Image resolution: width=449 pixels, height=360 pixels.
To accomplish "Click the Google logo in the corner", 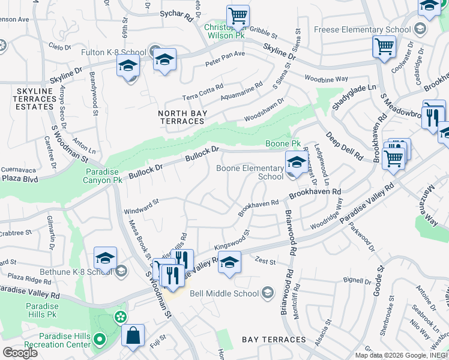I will pos(20,353).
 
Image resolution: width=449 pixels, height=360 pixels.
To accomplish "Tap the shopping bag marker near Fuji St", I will pos(133,335).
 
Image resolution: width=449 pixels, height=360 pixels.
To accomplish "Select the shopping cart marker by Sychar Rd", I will pos(238,16).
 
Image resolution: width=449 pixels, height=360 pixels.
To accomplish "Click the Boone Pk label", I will pos(283,144).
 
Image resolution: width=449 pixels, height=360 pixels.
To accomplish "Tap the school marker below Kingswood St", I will pos(229,262).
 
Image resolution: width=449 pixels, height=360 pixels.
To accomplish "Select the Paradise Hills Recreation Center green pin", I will pos(99,340).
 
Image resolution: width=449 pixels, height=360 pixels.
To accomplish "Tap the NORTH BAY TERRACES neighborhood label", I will pos(181,117).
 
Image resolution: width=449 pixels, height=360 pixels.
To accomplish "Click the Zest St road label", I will pos(265,261).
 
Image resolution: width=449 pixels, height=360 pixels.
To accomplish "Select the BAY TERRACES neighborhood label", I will pos(267,340).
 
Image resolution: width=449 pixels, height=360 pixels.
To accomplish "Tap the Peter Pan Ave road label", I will pos(225,58).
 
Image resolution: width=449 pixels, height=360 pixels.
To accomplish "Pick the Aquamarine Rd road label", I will pos(241,91).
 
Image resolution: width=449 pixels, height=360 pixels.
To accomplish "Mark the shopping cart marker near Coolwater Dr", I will pos(384,47).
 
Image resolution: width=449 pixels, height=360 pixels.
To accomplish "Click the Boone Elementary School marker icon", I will pos(295,162).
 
